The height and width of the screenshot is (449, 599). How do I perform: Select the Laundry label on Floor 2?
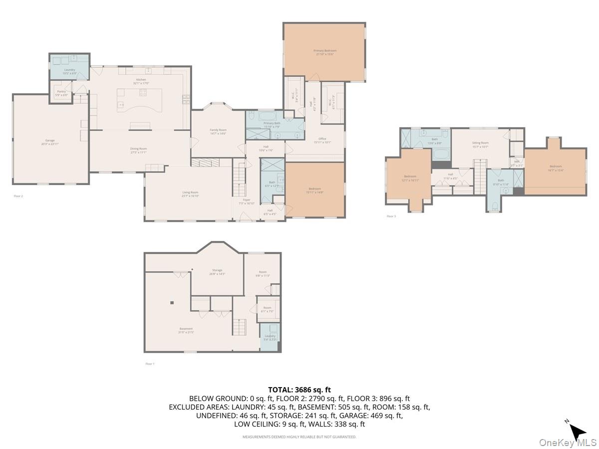coord(69,70)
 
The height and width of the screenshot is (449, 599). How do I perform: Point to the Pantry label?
coord(61,91)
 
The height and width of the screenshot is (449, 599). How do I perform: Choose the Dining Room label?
coord(139,149)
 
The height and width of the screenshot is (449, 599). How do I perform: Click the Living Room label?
coord(190,193)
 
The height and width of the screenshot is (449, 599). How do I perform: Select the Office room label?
coord(322,139)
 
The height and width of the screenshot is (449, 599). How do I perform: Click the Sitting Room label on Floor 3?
coord(480,143)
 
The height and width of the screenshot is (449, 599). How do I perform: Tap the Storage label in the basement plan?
coord(217,270)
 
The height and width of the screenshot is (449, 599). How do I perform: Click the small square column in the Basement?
coord(171,302)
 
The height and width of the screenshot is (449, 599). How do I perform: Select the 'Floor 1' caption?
coord(150,364)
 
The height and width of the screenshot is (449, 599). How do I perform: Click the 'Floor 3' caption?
coord(391,216)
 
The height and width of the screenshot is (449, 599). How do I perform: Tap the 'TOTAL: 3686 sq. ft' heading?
coord(299,390)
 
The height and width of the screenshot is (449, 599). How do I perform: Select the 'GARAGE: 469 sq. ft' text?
coord(375,415)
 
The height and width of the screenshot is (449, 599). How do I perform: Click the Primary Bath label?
coord(272,123)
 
